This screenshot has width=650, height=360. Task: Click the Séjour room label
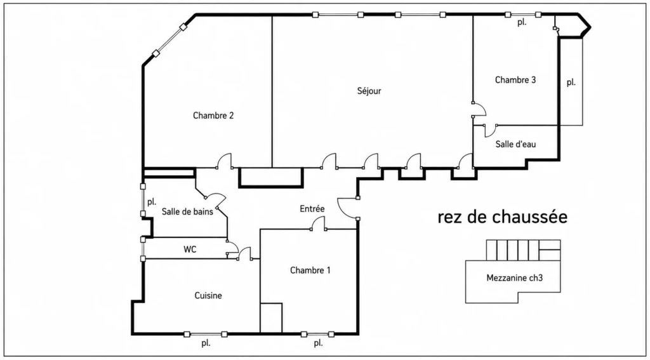(369, 91)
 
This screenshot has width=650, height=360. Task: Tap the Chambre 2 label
(213, 116)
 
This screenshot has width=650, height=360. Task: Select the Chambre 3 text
(515, 80)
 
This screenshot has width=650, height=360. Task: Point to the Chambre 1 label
(310, 270)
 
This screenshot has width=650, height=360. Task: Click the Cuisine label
(208, 296)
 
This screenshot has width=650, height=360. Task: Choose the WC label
(189, 250)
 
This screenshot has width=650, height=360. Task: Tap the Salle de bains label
(187, 211)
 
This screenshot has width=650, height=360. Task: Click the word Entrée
(312, 209)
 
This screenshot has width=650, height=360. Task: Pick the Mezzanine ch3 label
(514, 278)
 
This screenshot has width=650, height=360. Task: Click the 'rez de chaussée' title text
(503, 217)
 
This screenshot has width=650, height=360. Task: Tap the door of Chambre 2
(224, 161)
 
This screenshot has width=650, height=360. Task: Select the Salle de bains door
(215, 200)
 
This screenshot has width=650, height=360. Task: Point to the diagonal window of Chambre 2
(169, 40)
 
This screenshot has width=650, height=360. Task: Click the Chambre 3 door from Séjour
(479, 109)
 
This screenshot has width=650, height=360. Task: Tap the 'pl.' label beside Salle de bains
(152, 203)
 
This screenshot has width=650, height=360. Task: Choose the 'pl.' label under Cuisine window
(206, 343)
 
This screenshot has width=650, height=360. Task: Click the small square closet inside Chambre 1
(271, 318)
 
